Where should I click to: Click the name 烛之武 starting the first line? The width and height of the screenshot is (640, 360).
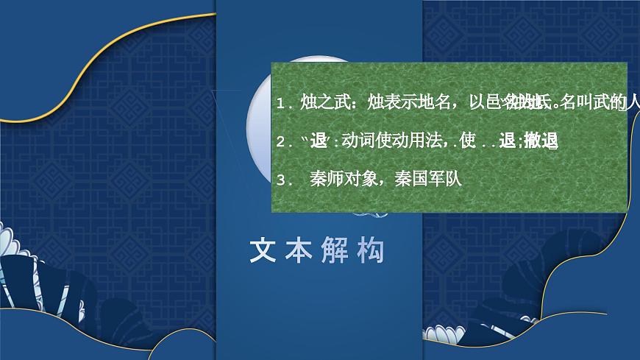(321, 104)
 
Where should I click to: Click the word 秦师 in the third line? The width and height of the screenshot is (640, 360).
(327, 180)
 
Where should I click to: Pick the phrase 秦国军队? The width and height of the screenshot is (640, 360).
(427, 180)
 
